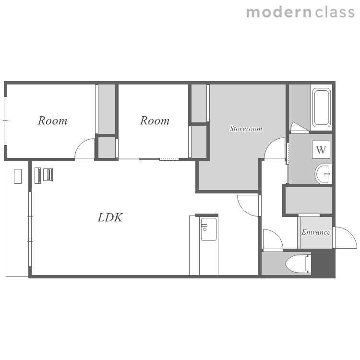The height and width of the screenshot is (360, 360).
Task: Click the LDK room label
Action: click(110, 217)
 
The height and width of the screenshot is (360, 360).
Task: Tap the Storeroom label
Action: click(246, 128)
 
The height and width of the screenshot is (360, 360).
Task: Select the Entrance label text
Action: click(316, 232)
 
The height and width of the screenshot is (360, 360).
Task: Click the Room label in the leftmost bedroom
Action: click(53, 120)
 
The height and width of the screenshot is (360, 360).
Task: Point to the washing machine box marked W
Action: click(321, 150)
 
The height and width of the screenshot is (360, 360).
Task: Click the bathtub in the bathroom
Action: click(321, 108)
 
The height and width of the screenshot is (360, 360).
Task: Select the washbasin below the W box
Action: click(324, 174)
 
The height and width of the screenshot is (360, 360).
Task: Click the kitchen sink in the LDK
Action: click(209, 229)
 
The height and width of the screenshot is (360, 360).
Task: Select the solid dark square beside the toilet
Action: click(323, 263)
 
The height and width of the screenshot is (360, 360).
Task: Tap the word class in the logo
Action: click(335, 12)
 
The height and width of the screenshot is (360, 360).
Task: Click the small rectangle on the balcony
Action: click(18, 176)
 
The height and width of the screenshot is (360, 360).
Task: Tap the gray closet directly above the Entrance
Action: click(309, 200)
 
